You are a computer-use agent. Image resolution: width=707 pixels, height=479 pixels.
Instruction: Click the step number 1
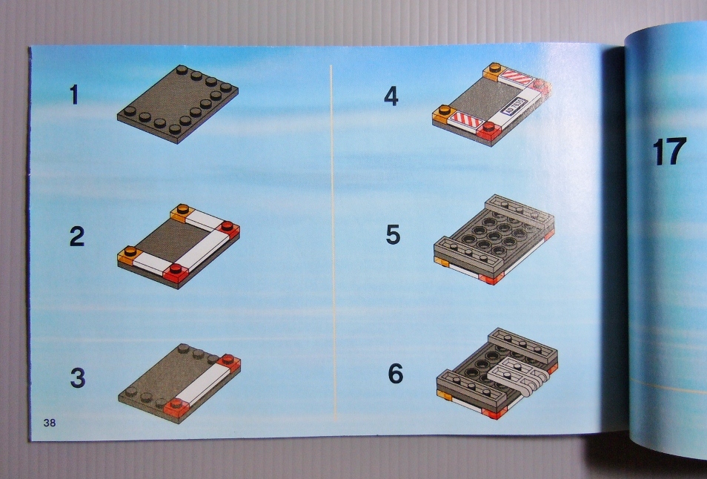click(x=74, y=95)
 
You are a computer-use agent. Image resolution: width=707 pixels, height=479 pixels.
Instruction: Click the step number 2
click(x=76, y=237)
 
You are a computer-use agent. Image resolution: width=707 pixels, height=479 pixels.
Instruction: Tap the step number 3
click(x=77, y=378)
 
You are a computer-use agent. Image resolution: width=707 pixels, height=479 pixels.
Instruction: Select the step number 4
click(x=391, y=96)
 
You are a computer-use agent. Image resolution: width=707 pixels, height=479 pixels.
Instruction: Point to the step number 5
click(x=393, y=235)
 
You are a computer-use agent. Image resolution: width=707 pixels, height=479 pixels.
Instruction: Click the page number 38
click(x=50, y=423)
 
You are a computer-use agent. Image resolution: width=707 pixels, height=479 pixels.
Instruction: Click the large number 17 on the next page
click(x=668, y=153)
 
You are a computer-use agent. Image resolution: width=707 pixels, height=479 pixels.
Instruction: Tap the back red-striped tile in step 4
click(x=517, y=76)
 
